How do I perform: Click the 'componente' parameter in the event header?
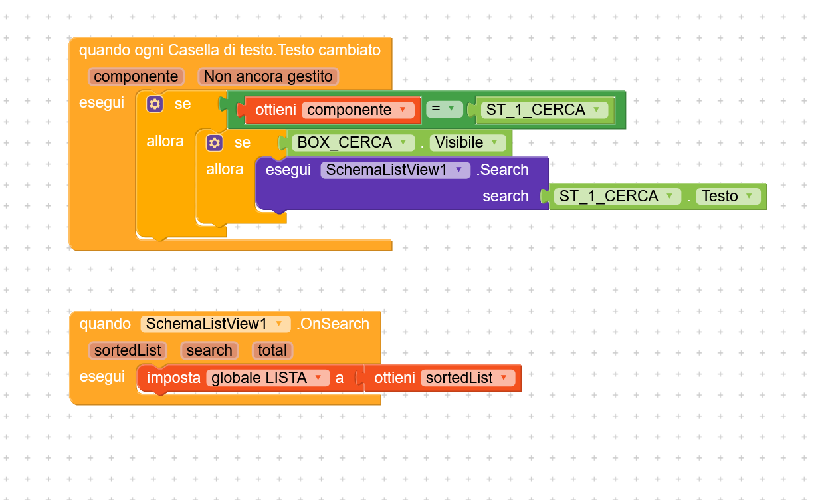pos(136,76)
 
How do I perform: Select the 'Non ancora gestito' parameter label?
pos(268,76)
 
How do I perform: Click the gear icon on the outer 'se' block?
pos(155,104)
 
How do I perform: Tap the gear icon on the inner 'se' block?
pos(215,143)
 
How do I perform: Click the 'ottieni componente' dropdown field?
pos(357,110)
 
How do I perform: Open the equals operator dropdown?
pos(444,109)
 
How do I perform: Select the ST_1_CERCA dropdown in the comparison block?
pos(544,110)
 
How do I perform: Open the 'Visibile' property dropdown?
pos(467,142)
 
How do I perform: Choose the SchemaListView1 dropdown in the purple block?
pos(395,170)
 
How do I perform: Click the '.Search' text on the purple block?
pos(502,170)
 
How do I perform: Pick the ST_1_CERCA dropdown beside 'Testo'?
pos(617,196)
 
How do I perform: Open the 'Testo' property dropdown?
pos(728,196)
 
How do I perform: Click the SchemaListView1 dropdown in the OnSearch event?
pos(215,324)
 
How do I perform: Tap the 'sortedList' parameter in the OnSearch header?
pos(128,351)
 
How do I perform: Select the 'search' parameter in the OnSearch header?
pos(209,351)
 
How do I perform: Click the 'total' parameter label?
pos(272,351)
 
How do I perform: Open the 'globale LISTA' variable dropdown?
pos(268,378)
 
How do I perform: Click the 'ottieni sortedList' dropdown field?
pos(468,378)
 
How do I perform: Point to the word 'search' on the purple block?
pos(506,196)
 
